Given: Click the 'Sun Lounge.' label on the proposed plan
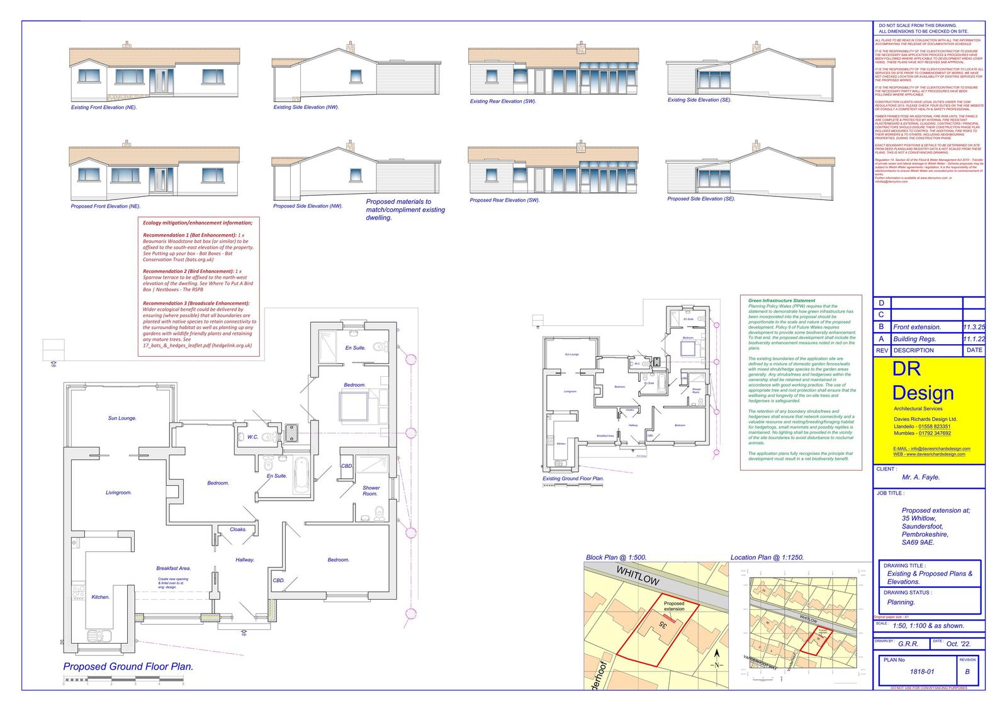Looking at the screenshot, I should click(122, 418).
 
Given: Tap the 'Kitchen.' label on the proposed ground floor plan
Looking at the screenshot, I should click(101, 597).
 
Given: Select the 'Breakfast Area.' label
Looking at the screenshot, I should click(173, 568).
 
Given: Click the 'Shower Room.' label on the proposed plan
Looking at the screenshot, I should click(371, 491).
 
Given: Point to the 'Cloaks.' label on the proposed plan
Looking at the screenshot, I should click(238, 529).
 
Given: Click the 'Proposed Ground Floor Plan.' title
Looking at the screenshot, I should click(128, 666).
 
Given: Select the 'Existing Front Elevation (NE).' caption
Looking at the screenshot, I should click(104, 108).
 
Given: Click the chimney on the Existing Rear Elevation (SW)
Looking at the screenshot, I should click(580, 47).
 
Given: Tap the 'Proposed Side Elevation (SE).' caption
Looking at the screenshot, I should click(700, 199).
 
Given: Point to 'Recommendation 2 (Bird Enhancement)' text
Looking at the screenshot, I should click(179, 271).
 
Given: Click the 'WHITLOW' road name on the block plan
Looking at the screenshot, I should click(637, 576).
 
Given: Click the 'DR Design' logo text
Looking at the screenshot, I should click(923, 382).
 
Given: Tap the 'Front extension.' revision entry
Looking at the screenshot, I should click(917, 327).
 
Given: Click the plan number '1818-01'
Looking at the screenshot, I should click(922, 671).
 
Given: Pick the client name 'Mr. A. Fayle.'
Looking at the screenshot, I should click(921, 477).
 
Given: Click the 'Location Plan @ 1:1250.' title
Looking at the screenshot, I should click(767, 557).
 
